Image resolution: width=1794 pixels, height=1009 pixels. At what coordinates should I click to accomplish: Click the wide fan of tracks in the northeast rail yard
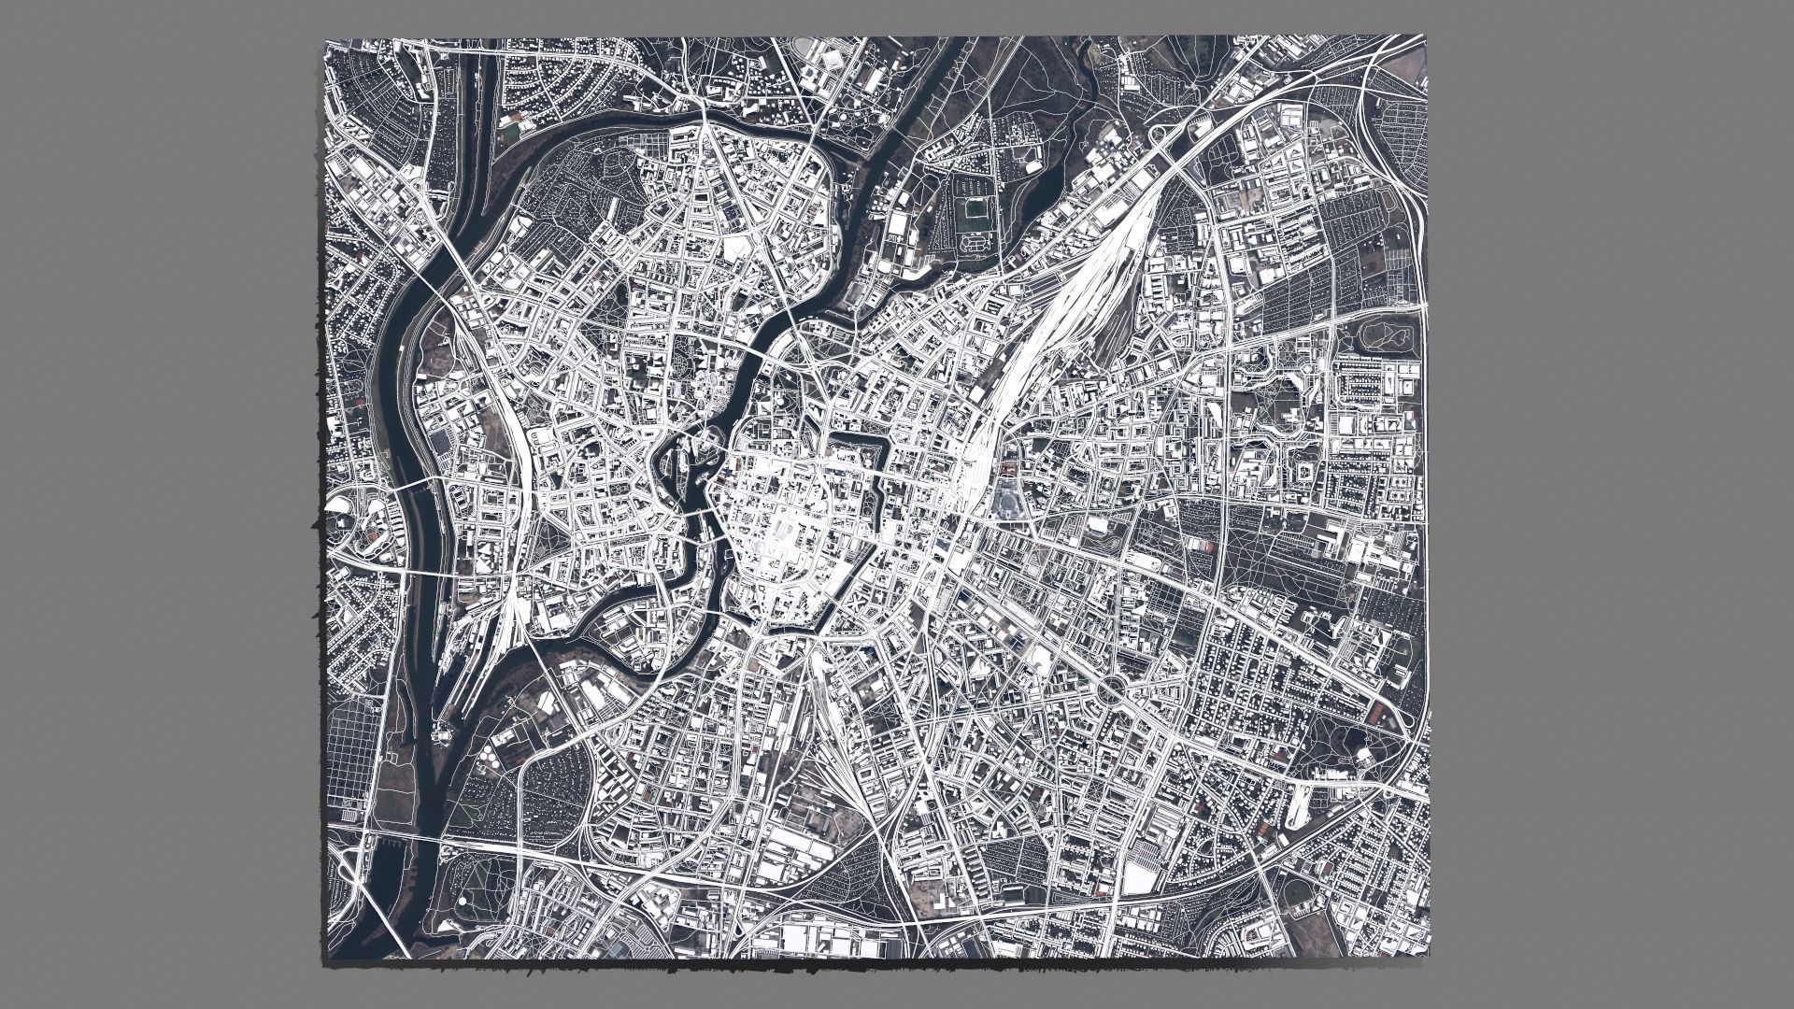coord(1093,280)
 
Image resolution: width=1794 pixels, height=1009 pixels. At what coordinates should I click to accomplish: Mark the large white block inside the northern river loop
coord(738,247)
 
